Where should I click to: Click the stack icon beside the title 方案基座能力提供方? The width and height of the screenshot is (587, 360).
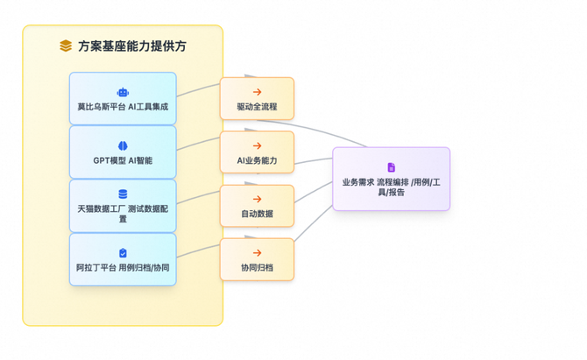pos(66,46)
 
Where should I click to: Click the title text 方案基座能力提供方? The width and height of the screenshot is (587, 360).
pos(131,46)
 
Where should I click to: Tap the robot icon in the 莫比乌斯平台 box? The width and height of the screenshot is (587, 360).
pos(123,92)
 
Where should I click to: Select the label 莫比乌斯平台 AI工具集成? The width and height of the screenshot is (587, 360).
pos(123,107)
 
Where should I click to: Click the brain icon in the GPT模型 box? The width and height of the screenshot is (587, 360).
pos(123,146)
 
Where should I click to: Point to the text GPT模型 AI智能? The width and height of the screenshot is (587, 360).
pos(123,160)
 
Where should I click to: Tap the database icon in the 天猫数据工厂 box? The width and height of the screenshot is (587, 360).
pos(123,194)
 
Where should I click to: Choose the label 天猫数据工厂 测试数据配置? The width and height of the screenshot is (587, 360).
pos(123,213)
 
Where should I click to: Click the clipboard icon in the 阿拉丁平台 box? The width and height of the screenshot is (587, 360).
pos(123,253)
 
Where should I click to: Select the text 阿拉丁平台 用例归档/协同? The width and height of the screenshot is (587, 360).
pos(123,267)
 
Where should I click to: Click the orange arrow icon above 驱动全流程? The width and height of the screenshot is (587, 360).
pos(257,92)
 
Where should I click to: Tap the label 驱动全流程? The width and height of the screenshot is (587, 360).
pos(257,107)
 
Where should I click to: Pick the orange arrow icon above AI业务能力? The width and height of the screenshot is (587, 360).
pos(257,146)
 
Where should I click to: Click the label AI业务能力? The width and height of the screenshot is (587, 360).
pos(257,160)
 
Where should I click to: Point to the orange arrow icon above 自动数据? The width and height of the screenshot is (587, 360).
pos(257,200)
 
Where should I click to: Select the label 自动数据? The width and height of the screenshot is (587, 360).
pos(257,214)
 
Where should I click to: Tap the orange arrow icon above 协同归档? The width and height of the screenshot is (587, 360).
pos(257,253)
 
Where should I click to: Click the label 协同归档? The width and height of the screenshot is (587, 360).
pos(257,267)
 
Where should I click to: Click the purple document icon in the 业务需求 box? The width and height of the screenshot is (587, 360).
pos(391,167)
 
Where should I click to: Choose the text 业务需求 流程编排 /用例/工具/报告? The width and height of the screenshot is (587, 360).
pos(391,187)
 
